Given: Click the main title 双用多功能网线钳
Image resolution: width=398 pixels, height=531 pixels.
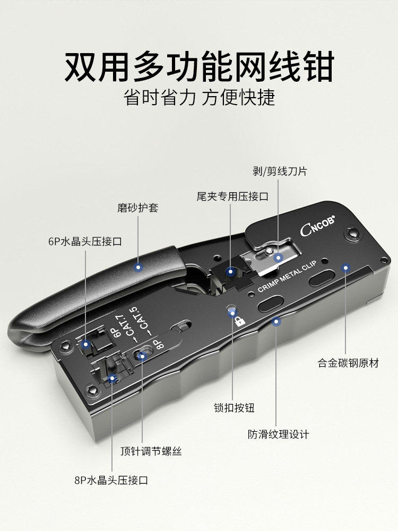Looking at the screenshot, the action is click(x=199, y=66).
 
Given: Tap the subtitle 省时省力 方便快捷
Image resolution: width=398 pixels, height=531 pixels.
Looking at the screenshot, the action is click(x=199, y=98).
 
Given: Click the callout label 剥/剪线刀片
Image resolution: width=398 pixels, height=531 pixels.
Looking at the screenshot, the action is click(x=280, y=172).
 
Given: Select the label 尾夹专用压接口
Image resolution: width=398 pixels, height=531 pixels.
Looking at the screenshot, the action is click(x=232, y=196).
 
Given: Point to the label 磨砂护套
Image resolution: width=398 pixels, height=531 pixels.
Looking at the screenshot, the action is click(x=138, y=208).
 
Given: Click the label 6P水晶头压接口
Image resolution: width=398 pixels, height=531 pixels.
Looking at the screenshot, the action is click(x=85, y=241).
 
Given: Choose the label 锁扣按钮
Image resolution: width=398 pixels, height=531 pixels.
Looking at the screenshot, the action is click(x=234, y=408).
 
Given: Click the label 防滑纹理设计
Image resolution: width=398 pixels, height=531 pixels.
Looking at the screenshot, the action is click(x=278, y=434).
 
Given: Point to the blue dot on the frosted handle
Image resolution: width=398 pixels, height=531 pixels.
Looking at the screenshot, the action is click(x=138, y=267).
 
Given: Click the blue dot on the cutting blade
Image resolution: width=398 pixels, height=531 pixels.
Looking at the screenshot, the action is click(x=278, y=258).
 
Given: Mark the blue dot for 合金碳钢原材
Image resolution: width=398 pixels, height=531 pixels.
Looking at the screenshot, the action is click(x=345, y=267).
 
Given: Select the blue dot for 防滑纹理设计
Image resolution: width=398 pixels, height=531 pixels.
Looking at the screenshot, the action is click(x=276, y=322).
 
